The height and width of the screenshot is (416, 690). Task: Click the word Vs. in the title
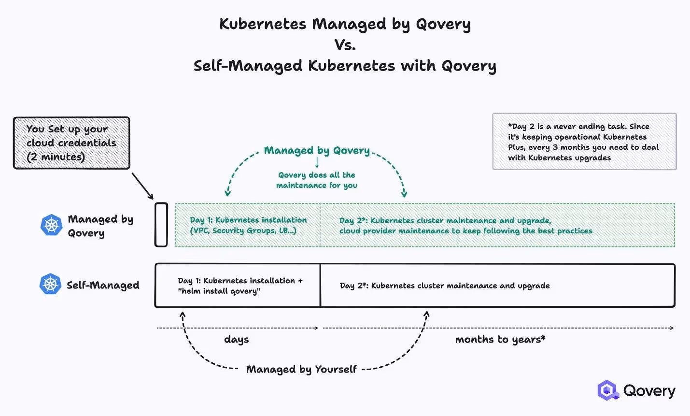pyautogui.click(x=345, y=45)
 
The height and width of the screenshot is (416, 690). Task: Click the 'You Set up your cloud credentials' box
pyautogui.click(x=71, y=143)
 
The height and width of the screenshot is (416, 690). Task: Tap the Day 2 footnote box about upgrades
pyautogui.click(x=584, y=142)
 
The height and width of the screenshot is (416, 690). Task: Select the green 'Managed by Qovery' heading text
pyautogui.click(x=316, y=150)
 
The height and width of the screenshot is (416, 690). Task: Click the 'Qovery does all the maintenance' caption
pyautogui.click(x=316, y=180)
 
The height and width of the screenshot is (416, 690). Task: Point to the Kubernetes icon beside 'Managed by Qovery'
pyautogui.click(x=51, y=225)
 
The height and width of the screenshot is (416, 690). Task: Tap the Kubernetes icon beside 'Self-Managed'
pyautogui.click(x=50, y=285)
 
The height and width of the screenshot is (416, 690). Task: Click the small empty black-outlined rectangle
pyautogui.click(x=161, y=225)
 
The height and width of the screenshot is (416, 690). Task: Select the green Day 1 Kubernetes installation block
pyautogui.click(x=248, y=225)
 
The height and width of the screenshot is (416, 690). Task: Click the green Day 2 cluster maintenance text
pyautogui.click(x=465, y=226)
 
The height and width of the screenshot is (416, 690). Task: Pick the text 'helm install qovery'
pyautogui.click(x=219, y=291)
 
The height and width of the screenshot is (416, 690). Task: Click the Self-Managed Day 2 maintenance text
pyautogui.click(x=444, y=286)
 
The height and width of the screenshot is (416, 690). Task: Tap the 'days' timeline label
pyautogui.click(x=236, y=340)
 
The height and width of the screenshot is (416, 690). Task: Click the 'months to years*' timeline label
pyautogui.click(x=500, y=340)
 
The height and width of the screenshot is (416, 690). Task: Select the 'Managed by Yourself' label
pyautogui.click(x=301, y=370)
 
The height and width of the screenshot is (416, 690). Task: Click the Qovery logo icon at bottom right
pyautogui.click(x=607, y=390)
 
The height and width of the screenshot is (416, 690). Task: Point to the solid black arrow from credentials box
pyautogui.click(x=142, y=186)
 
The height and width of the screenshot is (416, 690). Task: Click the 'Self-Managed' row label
pyautogui.click(x=103, y=285)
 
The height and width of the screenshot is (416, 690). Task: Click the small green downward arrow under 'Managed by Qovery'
pyautogui.click(x=317, y=162)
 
